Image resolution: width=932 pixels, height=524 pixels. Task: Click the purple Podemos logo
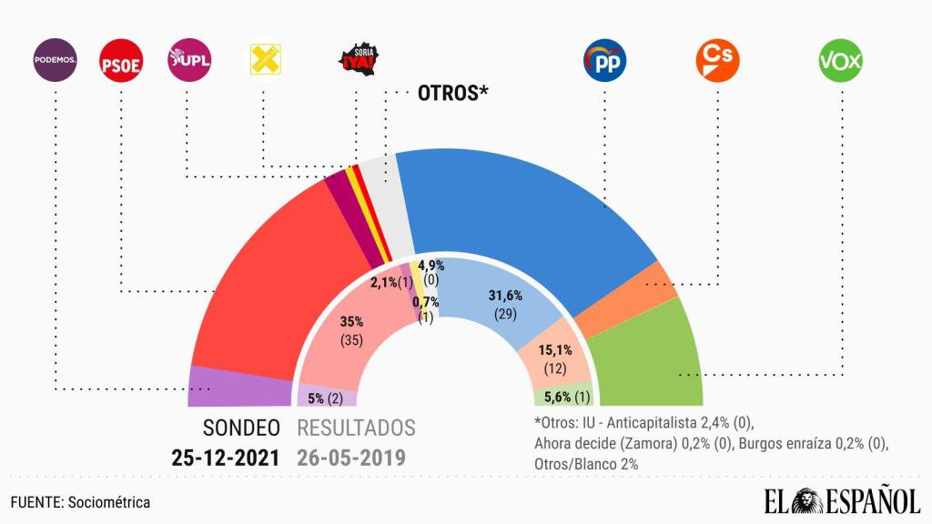55,61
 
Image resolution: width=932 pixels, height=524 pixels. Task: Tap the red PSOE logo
119,61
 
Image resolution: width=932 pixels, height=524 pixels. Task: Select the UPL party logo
189,61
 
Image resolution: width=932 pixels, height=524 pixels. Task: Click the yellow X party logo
265,61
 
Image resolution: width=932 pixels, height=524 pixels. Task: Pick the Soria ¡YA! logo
357,61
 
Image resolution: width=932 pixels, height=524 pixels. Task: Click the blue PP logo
603,61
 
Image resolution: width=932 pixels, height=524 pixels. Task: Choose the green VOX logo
841,61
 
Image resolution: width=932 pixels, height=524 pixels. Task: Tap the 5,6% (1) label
563,396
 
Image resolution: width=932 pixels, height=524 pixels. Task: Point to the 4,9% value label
431,265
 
